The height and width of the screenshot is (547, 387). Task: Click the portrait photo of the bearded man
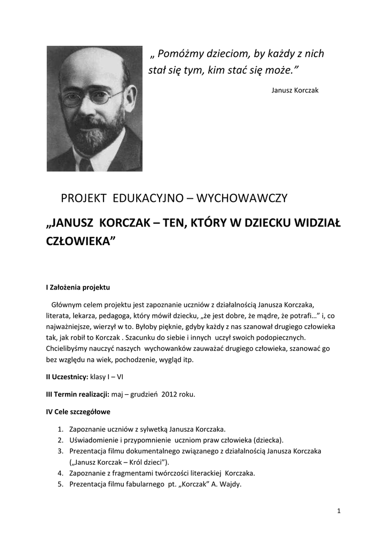[x=94, y=108]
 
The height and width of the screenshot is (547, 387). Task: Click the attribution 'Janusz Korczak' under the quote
[x=295, y=90]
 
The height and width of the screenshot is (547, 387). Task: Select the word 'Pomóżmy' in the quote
[x=183, y=54]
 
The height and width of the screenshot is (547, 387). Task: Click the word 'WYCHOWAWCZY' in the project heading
[x=242, y=198]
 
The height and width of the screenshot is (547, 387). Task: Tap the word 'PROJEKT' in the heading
[x=83, y=198]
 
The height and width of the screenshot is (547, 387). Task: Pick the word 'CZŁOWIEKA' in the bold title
[x=81, y=241]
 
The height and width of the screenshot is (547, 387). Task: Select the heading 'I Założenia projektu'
[x=78, y=287]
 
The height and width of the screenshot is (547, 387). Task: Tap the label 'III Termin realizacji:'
[x=78, y=395]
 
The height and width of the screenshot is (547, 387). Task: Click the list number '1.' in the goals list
[x=60, y=429]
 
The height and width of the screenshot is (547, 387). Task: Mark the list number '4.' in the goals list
[x=60, y=473]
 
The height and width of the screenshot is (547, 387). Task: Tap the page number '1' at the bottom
[x=339, y=511]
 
